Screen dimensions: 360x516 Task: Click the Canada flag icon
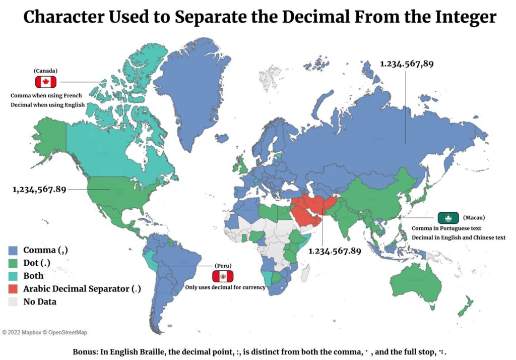[x=45, y=82]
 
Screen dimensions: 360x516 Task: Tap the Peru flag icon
[x=222, y=276]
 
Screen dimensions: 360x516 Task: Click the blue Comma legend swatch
[x=14, y=250]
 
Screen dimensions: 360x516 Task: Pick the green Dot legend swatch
[x=14, y=263]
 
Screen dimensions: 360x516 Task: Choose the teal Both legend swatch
[x=14, y=276]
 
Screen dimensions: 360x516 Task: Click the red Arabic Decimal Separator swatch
[x=14, y=289]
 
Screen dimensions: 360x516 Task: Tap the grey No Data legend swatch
[x=14, y=302]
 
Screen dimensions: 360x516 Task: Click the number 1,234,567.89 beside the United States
[x=39, y=190]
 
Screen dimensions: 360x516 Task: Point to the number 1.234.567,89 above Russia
[x=407, y=64]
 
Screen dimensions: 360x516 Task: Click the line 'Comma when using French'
[x=46, y=95]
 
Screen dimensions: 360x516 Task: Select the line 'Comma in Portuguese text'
[x=446, y=228]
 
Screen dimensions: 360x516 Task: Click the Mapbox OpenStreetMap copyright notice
[x=44, y=333]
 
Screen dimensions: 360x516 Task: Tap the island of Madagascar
[x=305, y=273]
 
